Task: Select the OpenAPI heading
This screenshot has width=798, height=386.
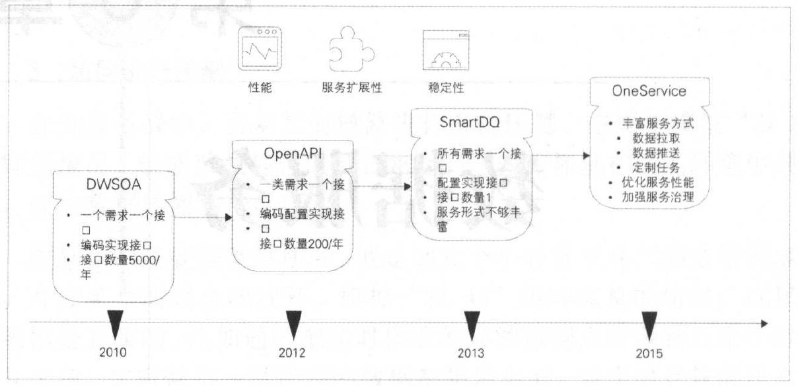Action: pyautogui.click(x=292, y=154)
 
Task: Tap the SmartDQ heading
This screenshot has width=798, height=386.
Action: pyautogui.click(x=469, y=123)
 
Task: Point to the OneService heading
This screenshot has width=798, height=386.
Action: pyautogui.click(x=649, y=92)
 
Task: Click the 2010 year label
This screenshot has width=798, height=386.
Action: pyautogui.click(x=112, y=352)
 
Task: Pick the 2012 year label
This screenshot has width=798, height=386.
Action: pyautogui.click(x=291, y=352)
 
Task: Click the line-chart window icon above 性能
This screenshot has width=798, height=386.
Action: pyautogui.click(x=258, y=50)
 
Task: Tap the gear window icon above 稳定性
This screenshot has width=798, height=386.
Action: pyautogui.click(x=441, y=51)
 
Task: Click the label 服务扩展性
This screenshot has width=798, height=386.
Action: pyautogui.click(x=353, y=87)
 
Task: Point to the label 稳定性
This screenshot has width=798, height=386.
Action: pyautogui.click(x=441, y=87)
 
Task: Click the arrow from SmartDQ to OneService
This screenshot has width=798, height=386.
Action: pyautogui.click(x=561, y=156)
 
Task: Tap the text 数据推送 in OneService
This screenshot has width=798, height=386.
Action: pyautogui.click(x=657, y=153)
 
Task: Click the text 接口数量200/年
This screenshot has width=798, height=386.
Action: pyautogui.click(x=301, y=243)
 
